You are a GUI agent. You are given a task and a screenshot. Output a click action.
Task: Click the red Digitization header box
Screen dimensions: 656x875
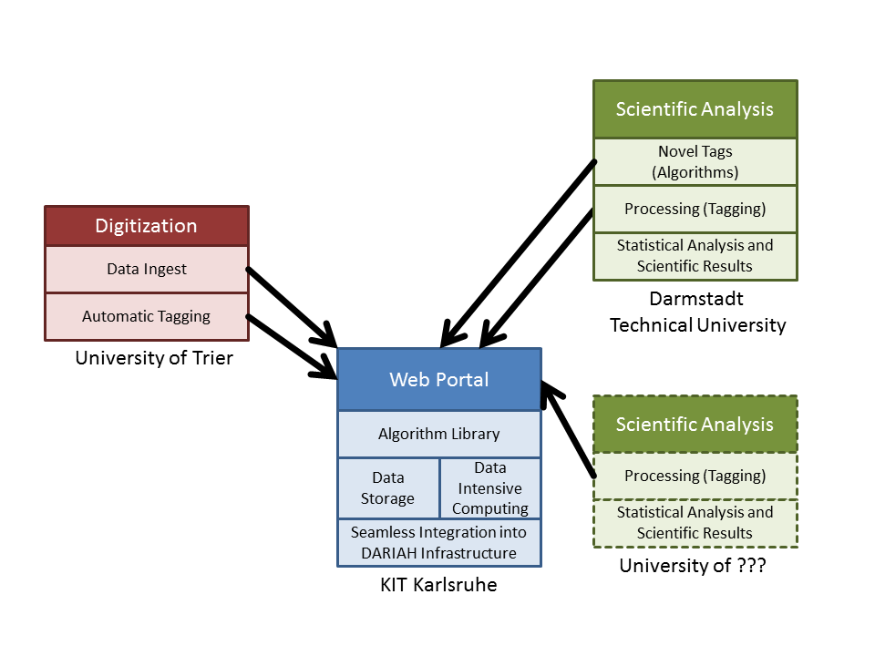coord(146,226)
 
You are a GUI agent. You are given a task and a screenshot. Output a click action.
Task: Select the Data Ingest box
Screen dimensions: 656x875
coord(146,270)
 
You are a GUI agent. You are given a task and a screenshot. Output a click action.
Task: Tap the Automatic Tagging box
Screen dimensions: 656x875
coord(146,317)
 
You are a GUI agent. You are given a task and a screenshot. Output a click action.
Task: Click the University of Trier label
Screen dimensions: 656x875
coord(153,358)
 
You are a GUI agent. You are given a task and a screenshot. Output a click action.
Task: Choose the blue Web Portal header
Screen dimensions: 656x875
coord(438,380)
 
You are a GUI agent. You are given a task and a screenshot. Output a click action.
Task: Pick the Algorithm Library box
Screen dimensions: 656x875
coord(438,434)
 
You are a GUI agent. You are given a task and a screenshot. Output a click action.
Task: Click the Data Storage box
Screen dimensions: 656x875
coord(387,487)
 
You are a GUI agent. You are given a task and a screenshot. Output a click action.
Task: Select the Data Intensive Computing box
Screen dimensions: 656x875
coord(489,487)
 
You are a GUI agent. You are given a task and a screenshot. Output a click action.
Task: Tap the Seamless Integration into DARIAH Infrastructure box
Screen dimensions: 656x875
coord(438,542)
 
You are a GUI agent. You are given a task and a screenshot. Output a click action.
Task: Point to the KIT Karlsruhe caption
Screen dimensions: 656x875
coord(438,585)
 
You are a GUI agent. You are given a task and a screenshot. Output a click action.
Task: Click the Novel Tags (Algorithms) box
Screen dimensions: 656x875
coord(695,161)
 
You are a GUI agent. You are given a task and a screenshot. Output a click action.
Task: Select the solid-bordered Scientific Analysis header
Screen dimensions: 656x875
coord(695,109)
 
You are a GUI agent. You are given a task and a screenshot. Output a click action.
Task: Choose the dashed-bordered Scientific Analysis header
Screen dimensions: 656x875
coord(695,425)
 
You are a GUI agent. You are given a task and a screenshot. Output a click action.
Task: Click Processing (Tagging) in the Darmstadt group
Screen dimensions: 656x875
coord(695,209)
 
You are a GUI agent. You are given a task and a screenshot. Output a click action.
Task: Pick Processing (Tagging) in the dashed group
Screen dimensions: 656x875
coord(695,476)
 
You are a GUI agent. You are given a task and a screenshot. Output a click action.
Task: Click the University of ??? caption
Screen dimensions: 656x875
coord(692,566)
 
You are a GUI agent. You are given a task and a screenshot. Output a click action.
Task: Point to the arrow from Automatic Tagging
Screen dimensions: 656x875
coord(290,344)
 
